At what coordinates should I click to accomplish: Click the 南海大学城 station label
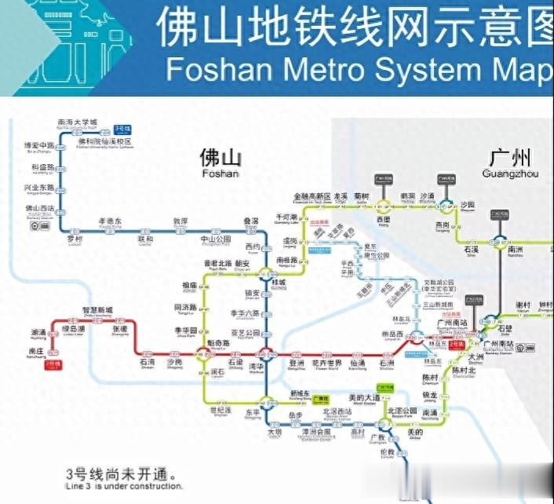(78, 122)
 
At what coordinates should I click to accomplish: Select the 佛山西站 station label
(40, 208)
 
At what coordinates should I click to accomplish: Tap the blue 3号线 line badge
(122, 127)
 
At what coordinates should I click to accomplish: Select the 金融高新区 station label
(312, 196)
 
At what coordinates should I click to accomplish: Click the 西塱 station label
(384, 219)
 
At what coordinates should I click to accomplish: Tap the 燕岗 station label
(443, 224)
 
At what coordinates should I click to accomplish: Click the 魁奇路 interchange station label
(217, 344)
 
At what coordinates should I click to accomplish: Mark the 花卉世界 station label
(326, 363)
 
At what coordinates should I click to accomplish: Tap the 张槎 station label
(119, 329)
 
